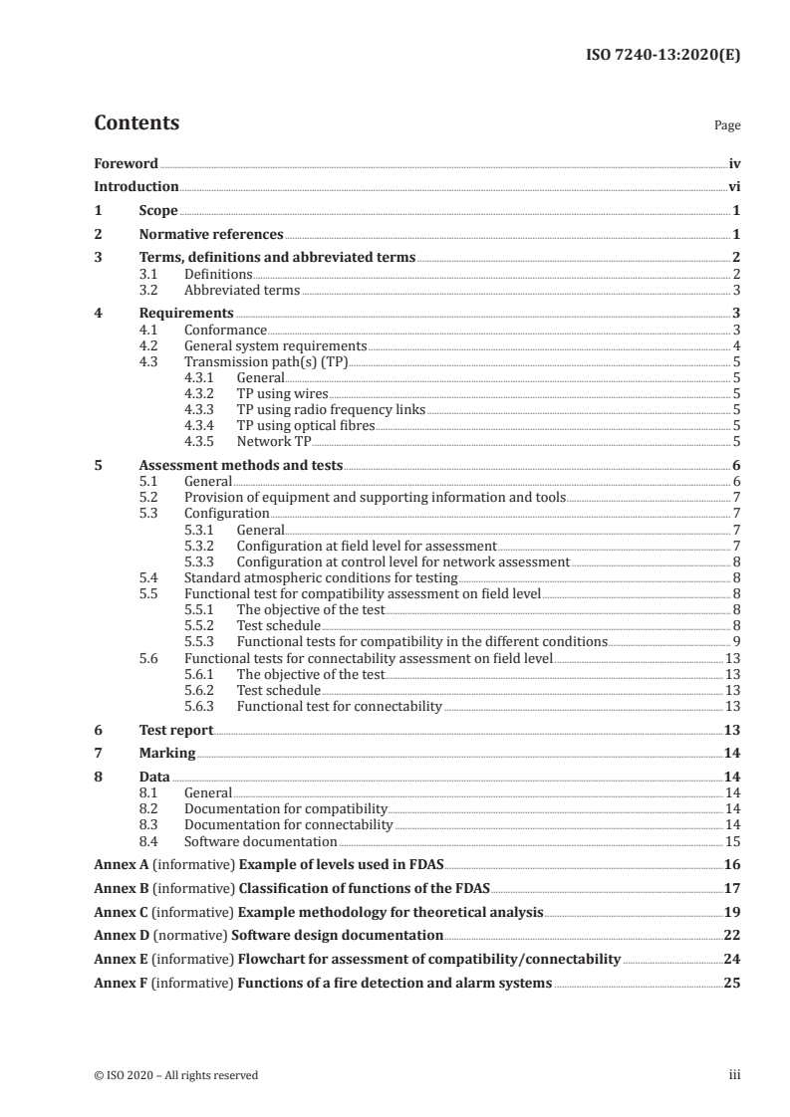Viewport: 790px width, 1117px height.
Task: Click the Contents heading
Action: pyautogui.click(x=136, y=123)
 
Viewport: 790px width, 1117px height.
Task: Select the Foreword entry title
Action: pyautogui.click(x=126, y=163)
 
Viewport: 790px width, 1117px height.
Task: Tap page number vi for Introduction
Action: pyautogui.click(x=734, y=186)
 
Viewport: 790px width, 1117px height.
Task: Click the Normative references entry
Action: pyautogui.click(x=211, y=235)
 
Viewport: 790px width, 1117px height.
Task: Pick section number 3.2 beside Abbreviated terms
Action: pyautogui.click(x=151, y=291)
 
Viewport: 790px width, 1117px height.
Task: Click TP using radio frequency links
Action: pyautogui.click(x=331, y=409)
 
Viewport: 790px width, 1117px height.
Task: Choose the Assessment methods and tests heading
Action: pyautogui.click(x=240, y=465)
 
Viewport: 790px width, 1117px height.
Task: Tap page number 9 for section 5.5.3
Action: pyautogui.click(x=736, y=641)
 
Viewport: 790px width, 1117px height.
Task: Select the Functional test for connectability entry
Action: pyautogui.click(x=339, y=706)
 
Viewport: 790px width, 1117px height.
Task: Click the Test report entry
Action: pyautogui.click(x=176, y=730)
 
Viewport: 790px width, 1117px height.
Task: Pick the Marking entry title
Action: pyautogui.click(x=167, y=754)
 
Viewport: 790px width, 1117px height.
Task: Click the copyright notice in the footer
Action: pyautogui.click(x=175, y=1075)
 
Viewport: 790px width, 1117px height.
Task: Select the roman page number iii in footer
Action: pyautogui.click(x=734, y=1075)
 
